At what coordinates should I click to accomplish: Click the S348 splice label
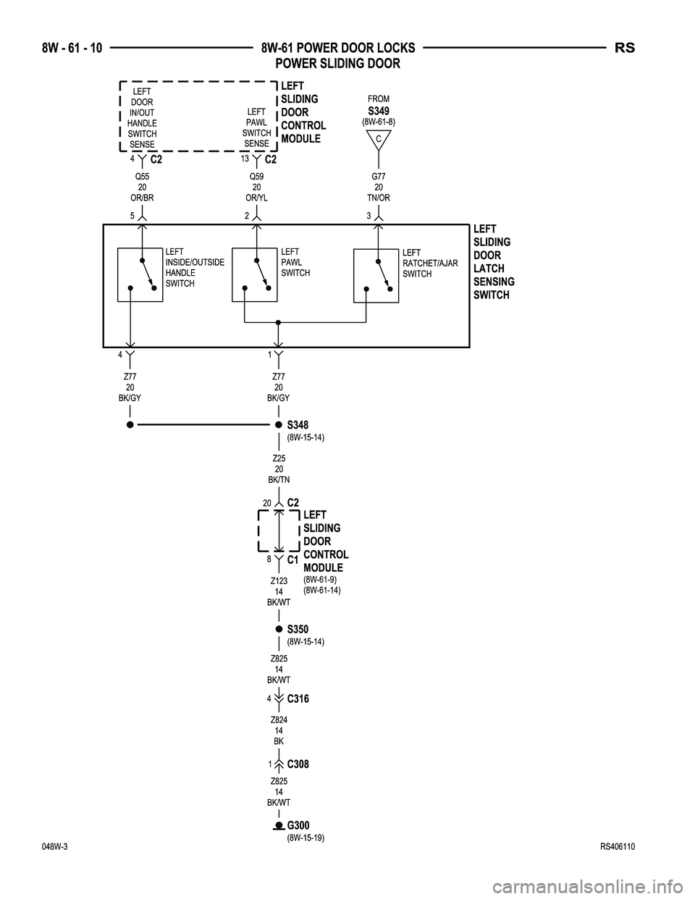pos(298,425)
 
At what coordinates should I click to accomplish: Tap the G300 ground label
pos(298,826)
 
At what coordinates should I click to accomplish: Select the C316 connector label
pos(298,699)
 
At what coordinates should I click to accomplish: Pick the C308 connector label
pos(298,764)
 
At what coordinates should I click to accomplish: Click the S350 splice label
pos(298,630)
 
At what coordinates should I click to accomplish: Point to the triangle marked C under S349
pos(378,139)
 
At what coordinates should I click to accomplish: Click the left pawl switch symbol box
pos(255,274)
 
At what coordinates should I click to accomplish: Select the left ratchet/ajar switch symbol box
pos(376,275)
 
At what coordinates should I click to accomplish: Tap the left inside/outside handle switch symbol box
pos(140,274)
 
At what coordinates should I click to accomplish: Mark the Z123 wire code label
pos(279,581)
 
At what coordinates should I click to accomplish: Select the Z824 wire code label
pos(279,720)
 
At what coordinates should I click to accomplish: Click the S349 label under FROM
pos(378,111)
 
